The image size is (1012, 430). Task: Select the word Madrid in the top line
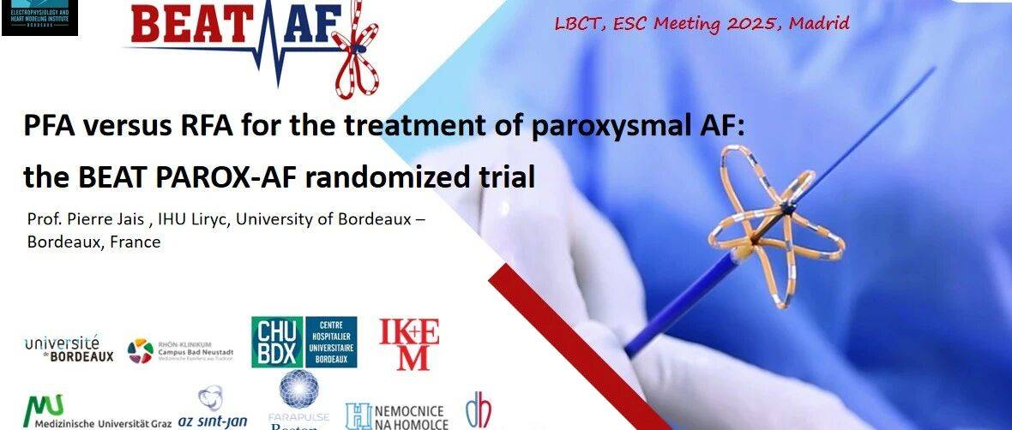[819, 23]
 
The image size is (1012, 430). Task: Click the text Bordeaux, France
[93, 242]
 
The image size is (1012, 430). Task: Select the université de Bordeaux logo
[69, 347]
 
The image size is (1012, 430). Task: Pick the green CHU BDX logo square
[277, 342]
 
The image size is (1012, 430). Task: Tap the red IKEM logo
[409, 343]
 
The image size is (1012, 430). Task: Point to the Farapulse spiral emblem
[298, 387]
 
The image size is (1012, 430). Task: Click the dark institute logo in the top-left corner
[39, 17]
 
